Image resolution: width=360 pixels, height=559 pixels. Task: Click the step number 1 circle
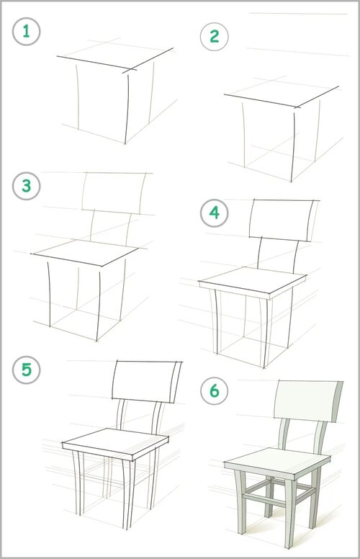point(27,32)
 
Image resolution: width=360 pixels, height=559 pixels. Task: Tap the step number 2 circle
point(215,36)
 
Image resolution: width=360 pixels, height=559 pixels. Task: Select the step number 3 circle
point(27,186)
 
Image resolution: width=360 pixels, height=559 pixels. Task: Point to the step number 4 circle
point(215,213)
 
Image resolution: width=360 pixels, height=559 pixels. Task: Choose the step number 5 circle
point(27,370)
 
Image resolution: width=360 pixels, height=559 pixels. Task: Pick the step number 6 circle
point(215,390)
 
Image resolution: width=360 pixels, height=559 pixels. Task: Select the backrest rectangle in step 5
point(145,382)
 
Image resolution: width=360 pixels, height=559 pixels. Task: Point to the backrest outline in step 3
point(114,192)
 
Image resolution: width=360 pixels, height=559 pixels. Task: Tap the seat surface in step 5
point(115,441)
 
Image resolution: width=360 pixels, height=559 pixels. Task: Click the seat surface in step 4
point(252,280)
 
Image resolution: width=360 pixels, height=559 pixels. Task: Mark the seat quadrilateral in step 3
point(85,253)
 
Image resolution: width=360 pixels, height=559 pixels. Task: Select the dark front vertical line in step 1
point(127,109)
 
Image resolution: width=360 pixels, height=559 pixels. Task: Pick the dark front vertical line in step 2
point(293,147)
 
